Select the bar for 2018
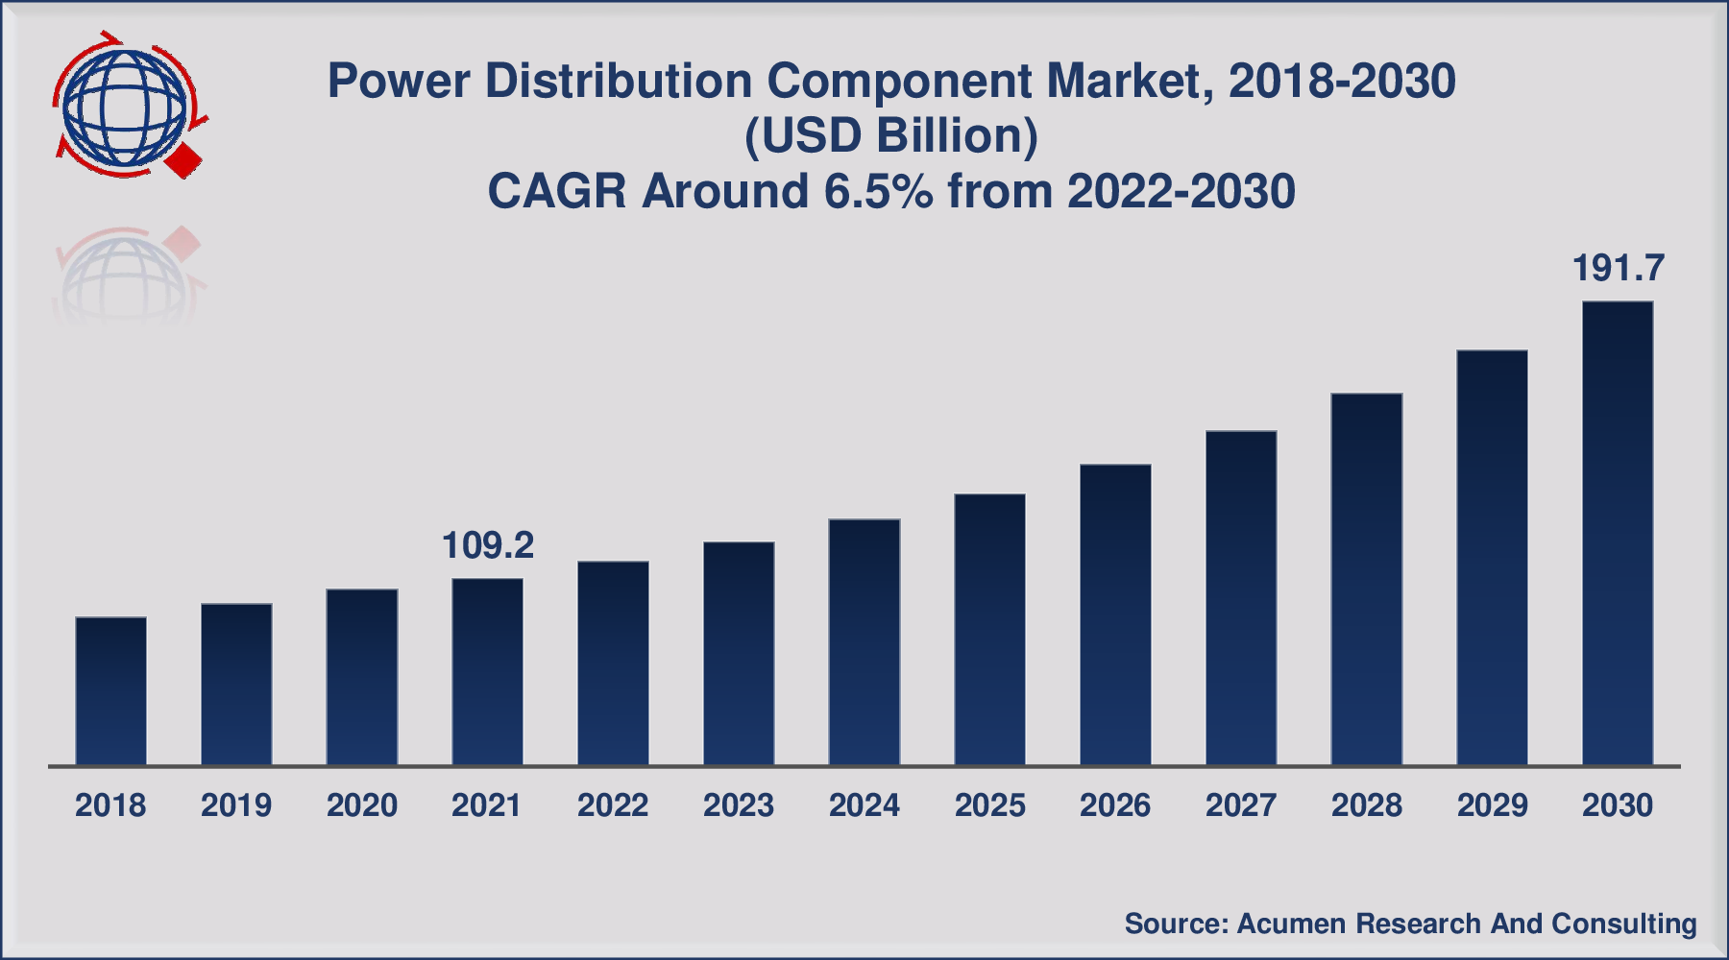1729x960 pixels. pos(110,691)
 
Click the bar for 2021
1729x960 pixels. pos(487,672)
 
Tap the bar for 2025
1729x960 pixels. pos(989,630)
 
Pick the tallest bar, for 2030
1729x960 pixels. pos(1618,534)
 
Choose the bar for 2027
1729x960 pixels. pos(1241,598)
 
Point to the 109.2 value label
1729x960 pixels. pos(487,545)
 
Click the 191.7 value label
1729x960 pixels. pos(1618,269)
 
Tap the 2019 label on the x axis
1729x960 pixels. pos(236,805)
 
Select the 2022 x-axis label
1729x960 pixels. pos(613,805)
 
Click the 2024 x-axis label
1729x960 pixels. pos(864,805)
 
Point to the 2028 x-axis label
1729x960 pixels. pos(1367,805)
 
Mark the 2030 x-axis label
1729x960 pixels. pos(1618,805)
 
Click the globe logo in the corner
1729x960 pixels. pos(125,106)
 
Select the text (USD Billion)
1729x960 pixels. pos(891,136)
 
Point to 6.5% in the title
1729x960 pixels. pos(878,191)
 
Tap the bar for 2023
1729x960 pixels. pos(739,654)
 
